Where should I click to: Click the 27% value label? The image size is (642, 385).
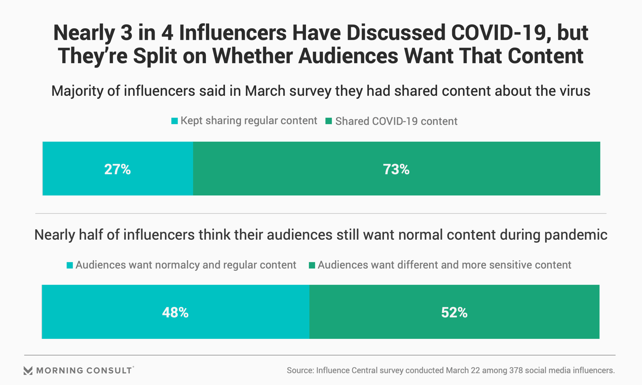(117, 169)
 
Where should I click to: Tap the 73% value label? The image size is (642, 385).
(396, 169)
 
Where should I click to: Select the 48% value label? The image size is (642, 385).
(175, 312)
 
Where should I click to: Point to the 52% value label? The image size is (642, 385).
(454, 312)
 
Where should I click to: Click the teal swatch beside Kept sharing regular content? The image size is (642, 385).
(175, 121)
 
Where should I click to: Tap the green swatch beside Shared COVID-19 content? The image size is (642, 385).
(329, 121)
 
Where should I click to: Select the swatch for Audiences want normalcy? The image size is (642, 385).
(70, 265)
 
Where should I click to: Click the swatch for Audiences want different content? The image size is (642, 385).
(312, 265)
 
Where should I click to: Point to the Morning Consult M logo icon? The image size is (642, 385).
(28, 370)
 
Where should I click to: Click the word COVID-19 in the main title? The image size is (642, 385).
(498, 33)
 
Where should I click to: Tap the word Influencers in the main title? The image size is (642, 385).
(233, 33)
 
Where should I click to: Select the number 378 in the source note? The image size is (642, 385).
(516, 370)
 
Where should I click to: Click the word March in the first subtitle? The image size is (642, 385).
(265, 91)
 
